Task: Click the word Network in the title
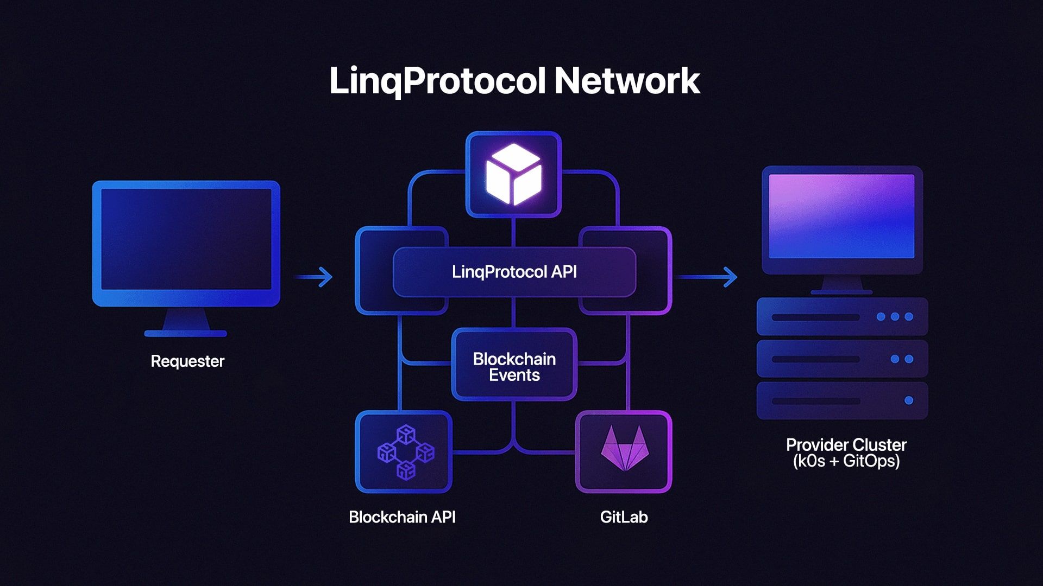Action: [627, 81]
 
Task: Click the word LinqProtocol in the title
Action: [437, 81]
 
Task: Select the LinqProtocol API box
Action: [514, 272]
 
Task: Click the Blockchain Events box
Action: [514, 366]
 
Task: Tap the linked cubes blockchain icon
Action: [406, 452]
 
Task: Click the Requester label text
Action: [187, 361]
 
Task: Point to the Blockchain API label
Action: [402, 517]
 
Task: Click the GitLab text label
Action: [624, 517]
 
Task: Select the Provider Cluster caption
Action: [846, 445]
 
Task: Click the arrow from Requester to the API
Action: [313, 277]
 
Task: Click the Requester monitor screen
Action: [186, 240]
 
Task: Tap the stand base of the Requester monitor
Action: [186, 333]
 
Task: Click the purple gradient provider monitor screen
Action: [841, 216]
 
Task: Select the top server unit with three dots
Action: [842, 316]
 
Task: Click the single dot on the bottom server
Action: [908, 401]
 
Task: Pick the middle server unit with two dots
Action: [842, 359]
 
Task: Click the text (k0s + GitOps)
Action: [846, 462]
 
